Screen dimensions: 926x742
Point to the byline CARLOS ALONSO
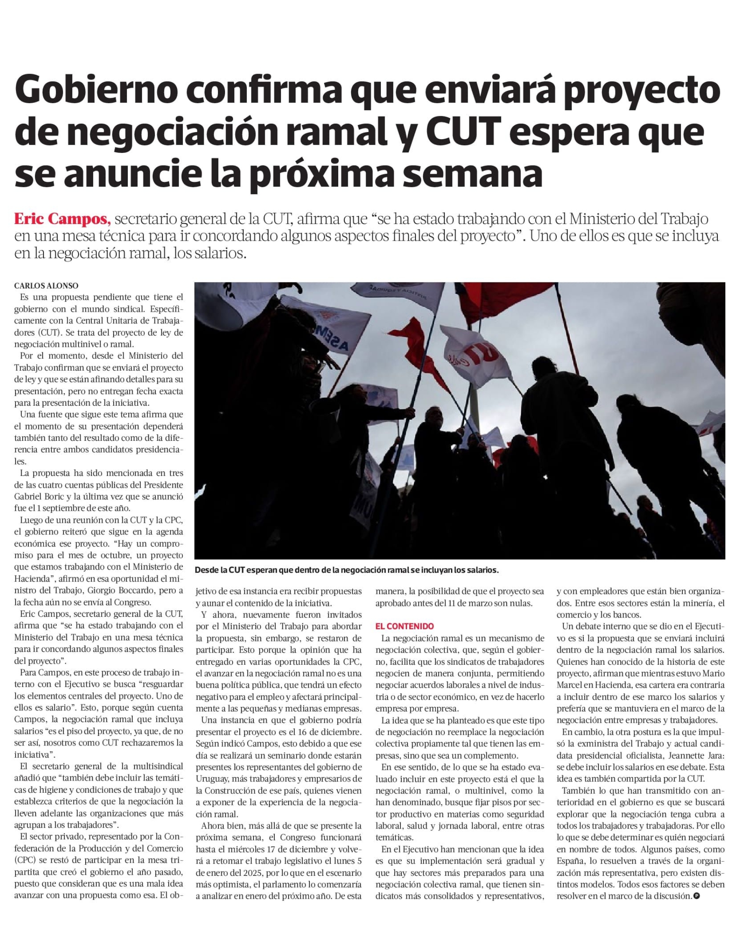click(46, 286)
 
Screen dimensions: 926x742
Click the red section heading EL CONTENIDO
click(405, 626)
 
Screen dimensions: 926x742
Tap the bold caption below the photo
click(347, 570)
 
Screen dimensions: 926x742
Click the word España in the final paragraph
click(571, 873)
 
